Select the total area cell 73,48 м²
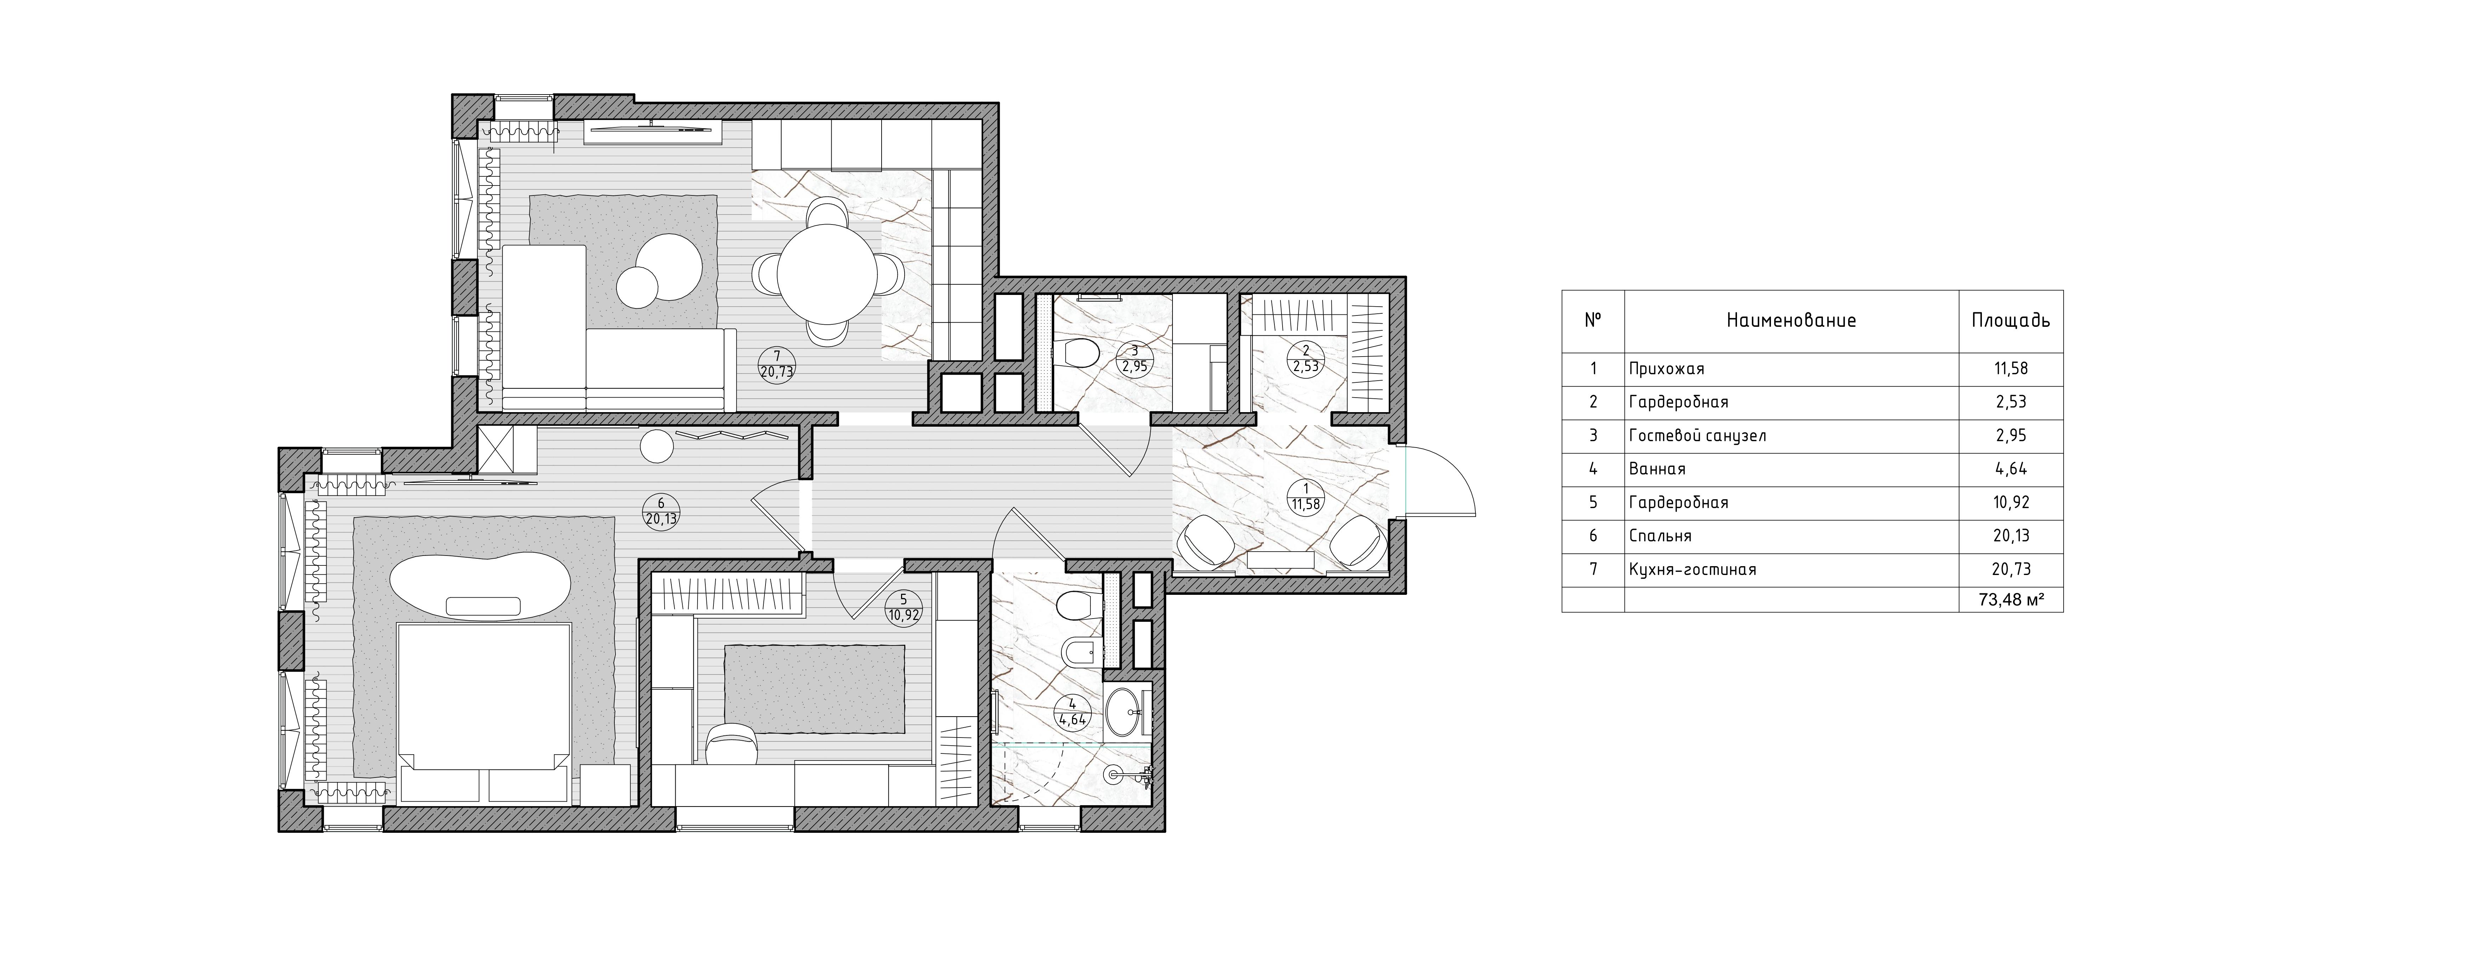pyautogui.click(x=2012, y=599)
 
